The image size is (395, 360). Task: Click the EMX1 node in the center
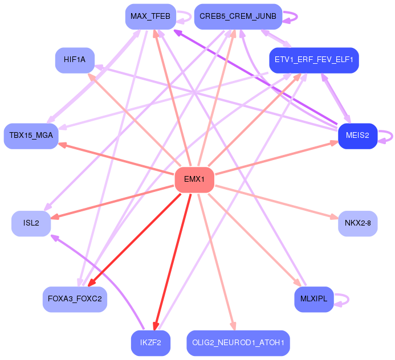[x=194, y=179]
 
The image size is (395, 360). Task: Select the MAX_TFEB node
[x=150, y=17]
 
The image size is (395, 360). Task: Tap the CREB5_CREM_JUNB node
[x=238, y=17]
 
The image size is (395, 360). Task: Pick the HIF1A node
[x=75, y=60]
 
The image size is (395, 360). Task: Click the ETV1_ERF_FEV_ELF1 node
[x=314, y=60]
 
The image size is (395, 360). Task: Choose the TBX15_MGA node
[x=31, y=136]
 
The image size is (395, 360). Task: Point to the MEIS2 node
[x=357, y=136]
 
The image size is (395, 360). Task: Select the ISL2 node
[x=31, y=223]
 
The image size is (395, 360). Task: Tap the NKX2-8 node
[x=357, y=223]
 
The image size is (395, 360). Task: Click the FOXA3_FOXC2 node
[x=75, y=299]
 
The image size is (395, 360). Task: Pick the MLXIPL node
[x=314, y=299]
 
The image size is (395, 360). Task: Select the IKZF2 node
[x=150, y=343]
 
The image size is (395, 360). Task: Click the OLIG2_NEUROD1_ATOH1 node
[x=238, y=343]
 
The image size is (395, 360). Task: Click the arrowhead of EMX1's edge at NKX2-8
[x=334, y=217]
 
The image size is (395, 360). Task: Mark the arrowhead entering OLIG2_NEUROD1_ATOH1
[x=234, y=326]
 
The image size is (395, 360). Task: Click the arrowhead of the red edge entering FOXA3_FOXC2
[x=91, y=283]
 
